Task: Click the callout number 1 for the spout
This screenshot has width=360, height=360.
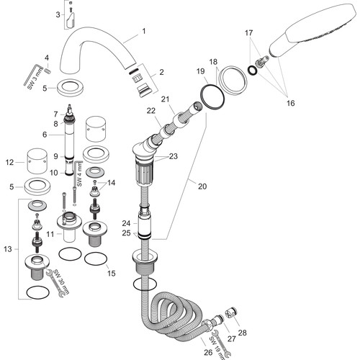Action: [144, 31]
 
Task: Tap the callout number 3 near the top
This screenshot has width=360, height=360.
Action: [58, 14]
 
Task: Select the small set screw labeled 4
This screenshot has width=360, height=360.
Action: [47, 71]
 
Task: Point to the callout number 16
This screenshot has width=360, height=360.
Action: [290, 103]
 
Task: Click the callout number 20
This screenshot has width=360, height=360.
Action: [202, 186]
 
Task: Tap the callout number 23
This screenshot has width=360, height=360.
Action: [173, 156]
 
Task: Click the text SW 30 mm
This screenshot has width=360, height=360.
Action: [61, 282]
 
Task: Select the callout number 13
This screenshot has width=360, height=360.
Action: [8, 249]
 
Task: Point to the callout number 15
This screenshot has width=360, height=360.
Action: [112, 273]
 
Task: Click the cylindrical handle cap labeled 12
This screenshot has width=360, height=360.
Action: [37, 161]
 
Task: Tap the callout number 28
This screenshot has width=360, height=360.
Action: [243, 333]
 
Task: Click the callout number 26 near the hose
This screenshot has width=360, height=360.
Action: [208, 352]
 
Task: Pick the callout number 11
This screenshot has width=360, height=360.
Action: [50, 234]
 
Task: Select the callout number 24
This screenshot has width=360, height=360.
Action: [126, 223]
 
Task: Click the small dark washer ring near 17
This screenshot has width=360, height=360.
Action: [252, 70]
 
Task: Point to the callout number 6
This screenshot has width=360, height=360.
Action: [45, 135]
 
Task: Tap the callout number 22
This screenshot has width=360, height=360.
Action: [151, 111]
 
